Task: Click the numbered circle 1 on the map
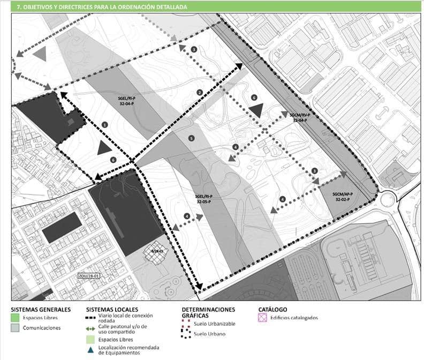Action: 105,124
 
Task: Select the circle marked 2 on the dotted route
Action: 200,92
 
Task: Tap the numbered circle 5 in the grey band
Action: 191,139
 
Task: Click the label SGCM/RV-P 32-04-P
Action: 300,118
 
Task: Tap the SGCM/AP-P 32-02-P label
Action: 342,196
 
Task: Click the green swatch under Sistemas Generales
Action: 15,318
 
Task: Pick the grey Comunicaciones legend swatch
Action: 15,328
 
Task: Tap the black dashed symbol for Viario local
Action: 91,317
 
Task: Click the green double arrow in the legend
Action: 91,327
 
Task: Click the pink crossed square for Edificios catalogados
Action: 263,318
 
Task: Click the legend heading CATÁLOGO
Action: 272,309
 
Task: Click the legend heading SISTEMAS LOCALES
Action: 112,309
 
